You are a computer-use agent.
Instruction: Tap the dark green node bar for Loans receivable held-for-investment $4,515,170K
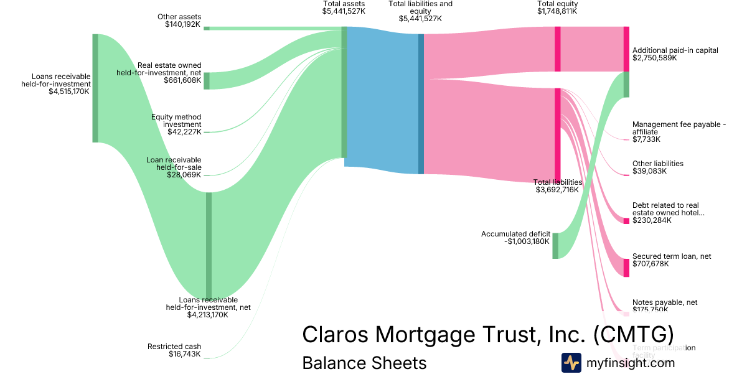point(95,88)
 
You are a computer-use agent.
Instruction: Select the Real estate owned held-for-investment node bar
point(207,81)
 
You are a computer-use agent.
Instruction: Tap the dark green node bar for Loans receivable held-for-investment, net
point(209,245)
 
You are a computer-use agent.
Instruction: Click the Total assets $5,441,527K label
point(344,7)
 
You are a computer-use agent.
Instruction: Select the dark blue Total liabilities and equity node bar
point(421,103)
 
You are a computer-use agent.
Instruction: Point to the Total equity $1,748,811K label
point(558,7)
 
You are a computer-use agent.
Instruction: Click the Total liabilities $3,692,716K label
point(558,186)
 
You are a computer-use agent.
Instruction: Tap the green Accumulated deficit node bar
point(555,245)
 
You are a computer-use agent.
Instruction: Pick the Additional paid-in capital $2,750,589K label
point(675,54)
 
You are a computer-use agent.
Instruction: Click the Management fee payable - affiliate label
point(679,131)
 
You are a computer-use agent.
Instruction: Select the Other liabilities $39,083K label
point(657,167)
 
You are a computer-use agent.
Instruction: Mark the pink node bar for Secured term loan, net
point(626,268)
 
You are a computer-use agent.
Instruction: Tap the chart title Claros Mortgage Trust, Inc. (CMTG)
point(487,334)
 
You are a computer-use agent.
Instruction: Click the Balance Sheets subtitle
point(364,363)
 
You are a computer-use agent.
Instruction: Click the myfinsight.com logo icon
point(571,363)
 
